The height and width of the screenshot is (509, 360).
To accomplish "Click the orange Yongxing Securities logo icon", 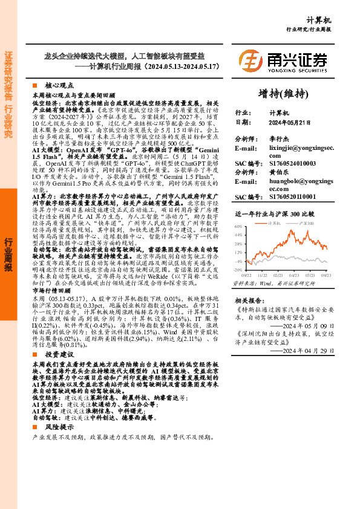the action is pos(250,60).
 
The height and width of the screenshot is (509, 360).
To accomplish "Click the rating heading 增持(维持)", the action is pos(283,93).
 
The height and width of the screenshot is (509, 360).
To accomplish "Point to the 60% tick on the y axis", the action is pos(239,242).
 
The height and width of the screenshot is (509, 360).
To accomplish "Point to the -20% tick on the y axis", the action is pos(238,270).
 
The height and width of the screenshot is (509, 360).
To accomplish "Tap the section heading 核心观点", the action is pos(57,86).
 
